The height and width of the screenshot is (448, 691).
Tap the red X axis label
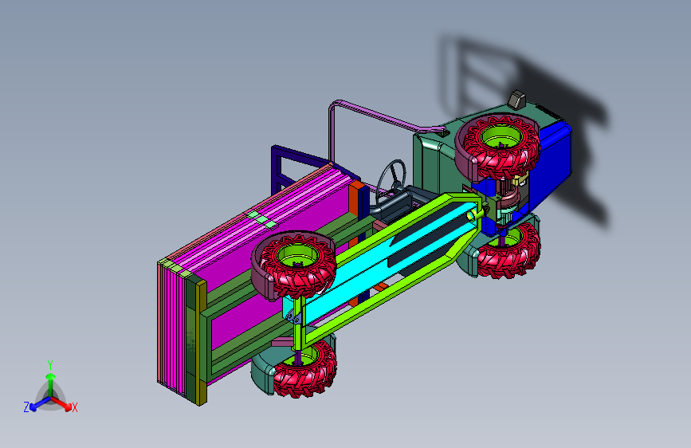(x=74, y=407)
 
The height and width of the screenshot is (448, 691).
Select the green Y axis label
(x=50, y=364)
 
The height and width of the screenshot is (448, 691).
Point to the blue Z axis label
(x=26, y=407)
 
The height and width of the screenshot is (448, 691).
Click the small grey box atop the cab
(x=516, y=99)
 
